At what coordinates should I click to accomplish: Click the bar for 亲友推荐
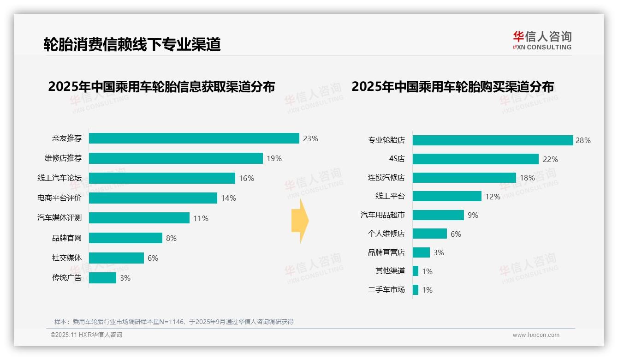coord(194,138)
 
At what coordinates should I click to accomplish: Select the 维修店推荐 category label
coord(63,158)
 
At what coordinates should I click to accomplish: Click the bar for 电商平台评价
coord(153,198)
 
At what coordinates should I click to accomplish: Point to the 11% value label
coord(201,218)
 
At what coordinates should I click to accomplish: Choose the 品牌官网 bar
coord(125,238)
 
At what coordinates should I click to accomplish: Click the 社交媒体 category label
coord(67,258)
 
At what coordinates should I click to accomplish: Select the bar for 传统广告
coord(102,278)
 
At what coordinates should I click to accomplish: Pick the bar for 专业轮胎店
coord(493,140)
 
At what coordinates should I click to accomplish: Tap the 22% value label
coord(550,159)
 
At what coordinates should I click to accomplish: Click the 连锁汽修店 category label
coord(386,178)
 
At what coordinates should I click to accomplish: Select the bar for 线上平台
coord(447,197)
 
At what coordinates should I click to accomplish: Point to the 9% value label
coord(473,215)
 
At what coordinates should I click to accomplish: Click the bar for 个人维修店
coord(430,234)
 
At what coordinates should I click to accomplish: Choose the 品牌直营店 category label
coord(386,252)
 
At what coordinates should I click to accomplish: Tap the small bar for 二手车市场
coord(416,290)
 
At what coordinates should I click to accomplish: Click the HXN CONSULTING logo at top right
coord(542,40)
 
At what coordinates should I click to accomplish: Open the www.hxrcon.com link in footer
coord(535,335)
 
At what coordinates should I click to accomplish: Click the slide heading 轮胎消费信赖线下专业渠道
coord(132,44)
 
